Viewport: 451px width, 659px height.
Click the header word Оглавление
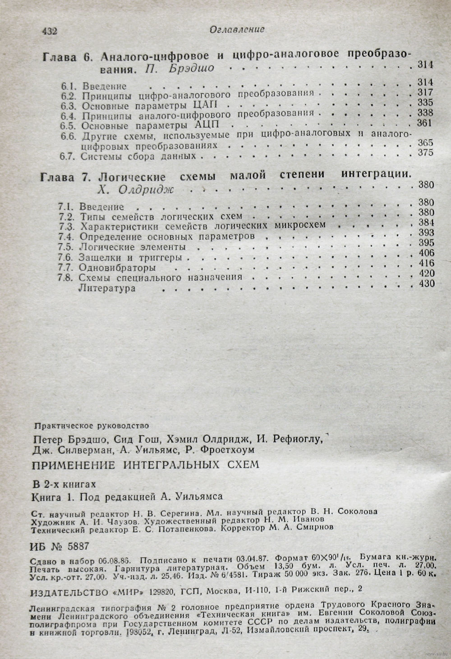point(237,29)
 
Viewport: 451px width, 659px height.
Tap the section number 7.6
point(66,257)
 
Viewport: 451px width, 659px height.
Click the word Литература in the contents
point(107,288)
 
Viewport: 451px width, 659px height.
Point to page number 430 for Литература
point(427,283)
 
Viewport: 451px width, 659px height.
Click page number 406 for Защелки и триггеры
point(426,253)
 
